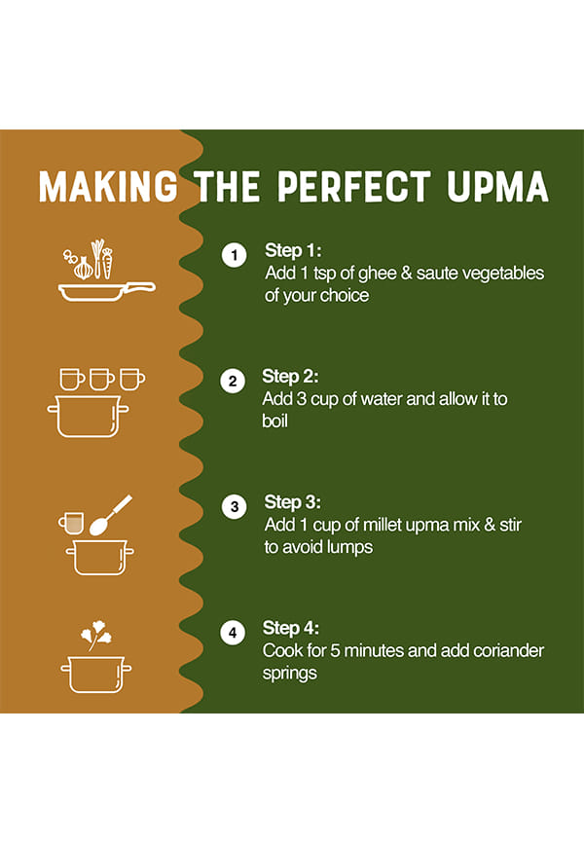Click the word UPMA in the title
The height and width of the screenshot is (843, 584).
pos(497,187)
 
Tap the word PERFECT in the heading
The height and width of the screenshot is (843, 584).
pos(354,187)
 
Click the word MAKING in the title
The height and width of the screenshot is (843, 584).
pos(107,187)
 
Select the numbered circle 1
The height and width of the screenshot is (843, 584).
pos(234,255)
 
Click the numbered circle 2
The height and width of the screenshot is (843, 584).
pos(233,381)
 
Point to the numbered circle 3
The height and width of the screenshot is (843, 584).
pos(234,506)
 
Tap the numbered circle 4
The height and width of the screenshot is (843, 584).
pos(233,633)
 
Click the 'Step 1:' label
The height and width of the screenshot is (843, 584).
pos(293,250)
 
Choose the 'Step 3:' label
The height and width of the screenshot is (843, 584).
pos(293,502)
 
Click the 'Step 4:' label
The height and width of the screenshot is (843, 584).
pos(291,628)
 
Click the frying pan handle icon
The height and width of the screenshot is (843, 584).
pos(140,287)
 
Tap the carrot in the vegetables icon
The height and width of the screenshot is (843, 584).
pos(107,263)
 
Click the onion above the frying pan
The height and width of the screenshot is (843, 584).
pos(84,268)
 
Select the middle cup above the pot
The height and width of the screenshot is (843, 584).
pos(101,380)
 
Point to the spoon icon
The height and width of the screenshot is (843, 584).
pos(110,516)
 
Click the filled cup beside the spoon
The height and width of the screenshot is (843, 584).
pos(71,523)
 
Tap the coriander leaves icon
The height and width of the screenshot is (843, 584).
pos(96,635)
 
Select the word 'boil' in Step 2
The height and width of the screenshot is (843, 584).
pos(274,421)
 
